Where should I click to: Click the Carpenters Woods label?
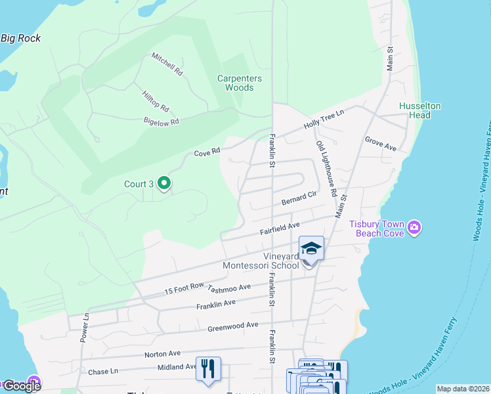click(240, 83)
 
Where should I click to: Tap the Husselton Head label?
click(419, 110)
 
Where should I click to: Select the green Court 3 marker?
click(164, 184)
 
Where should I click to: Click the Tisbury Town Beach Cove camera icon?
click(414, 228)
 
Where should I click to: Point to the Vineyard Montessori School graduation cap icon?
click(311, 249)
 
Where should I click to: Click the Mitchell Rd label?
click(167, 64)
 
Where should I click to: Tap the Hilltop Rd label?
click(156, 100)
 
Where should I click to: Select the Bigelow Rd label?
click(161, 121)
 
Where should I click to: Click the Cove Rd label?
click(207, 153)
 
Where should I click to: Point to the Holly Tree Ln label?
click(324, 120)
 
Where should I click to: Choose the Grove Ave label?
click(381, 143)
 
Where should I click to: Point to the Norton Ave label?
click(162, 353)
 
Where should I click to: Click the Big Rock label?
click(20, 38)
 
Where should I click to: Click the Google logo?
click(22, 385)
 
